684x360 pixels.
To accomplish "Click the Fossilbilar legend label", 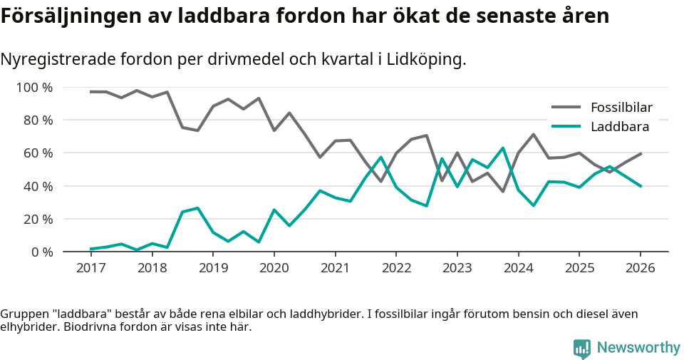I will pyautogui.click(x=621, y=108).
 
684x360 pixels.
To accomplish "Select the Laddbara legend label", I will pyautogui.click(x=619, y=127).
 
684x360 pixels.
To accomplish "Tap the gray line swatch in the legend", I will pyautogui.click(x=567, y=108).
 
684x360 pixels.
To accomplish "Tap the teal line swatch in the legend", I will pyautogui.click(x=567, y=127).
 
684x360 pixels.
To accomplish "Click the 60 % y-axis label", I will pyautogui.click(x=38, y=153).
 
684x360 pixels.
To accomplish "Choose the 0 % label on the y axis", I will pyautogui.click(x=41, y=252).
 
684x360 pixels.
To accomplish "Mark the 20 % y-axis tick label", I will pyautogui.click(x=38, y=219).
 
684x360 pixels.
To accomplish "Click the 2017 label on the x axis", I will pyautogui.click(x=90, y=268).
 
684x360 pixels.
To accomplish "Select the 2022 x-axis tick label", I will pyautogui.click(x=395, y=268).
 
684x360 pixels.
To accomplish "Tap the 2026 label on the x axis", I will pyautogui.click(x=640, y=268).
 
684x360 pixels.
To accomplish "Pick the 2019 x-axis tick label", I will pyautogui.click(x=212, y=268).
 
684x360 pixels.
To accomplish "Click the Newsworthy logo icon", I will pyautogui.click(x=581, y=348).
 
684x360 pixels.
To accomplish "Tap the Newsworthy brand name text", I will pyautogui.click(x=638, y=348).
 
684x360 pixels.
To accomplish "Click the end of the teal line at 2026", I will pyautogui.click(x=641, y=186).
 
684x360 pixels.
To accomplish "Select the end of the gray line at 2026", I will pyautogui.click(x=641, y=153).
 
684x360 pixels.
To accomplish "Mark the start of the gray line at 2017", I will pyautogui.click(x=90, y=92).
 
